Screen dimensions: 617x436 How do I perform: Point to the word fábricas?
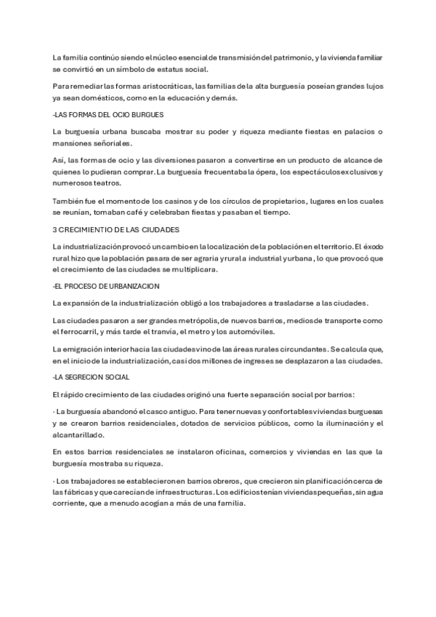pyautogui.click(x=76, y=493)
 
